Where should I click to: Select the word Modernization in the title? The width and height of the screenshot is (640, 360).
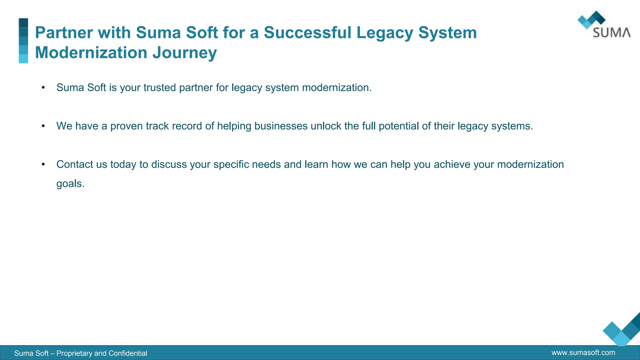point(91,52)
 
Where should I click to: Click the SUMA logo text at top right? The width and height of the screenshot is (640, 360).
point(612,33)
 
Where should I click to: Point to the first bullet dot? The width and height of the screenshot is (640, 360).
point(43,87)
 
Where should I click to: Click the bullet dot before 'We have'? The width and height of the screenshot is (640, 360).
point(43,126)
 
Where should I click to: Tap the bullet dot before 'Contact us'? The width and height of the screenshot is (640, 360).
point(43,164)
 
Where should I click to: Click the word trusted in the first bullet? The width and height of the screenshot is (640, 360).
point(159,87)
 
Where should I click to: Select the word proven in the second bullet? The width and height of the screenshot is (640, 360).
point(127,126)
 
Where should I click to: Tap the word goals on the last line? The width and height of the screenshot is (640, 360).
point(70,184)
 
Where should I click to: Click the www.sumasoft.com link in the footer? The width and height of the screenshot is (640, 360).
point(583,352)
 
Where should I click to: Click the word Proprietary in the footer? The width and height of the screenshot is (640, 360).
point(74,353)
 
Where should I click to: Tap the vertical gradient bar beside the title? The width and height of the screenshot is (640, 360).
point(23,41)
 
